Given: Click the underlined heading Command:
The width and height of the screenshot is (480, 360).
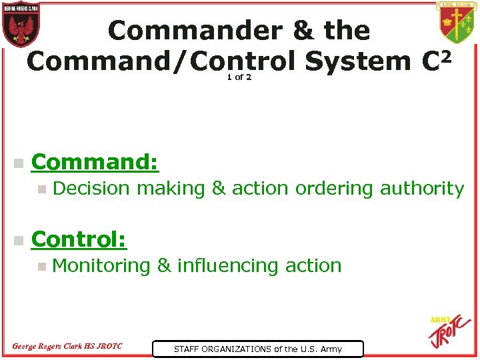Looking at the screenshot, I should coord(95,162).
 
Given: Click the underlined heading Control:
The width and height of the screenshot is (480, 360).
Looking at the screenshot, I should coord(79,239).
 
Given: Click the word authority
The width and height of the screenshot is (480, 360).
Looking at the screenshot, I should coord(421,189).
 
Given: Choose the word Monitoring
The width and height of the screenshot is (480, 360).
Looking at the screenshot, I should coord(101,266).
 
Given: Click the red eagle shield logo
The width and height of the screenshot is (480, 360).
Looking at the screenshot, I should coord(21,24).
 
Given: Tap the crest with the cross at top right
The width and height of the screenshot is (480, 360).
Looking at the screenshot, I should coord(457,23).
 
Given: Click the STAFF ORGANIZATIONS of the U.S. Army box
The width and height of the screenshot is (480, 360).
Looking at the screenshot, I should coord(257,349).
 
